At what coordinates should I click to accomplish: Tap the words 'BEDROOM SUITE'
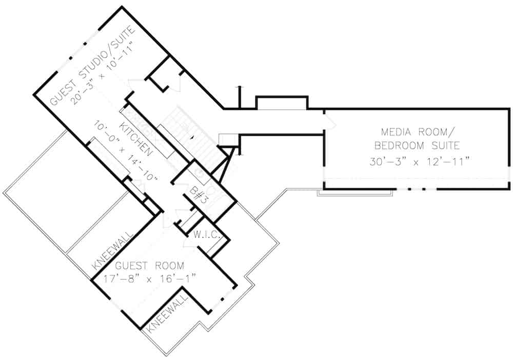[417, 145]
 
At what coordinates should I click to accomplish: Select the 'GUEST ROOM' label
[149, 266]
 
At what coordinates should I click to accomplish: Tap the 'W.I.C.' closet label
[207, 236]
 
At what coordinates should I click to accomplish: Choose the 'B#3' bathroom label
[196, 194]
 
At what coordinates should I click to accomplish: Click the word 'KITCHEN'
[136, 139]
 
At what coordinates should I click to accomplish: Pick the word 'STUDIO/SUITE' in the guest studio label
[108, 51]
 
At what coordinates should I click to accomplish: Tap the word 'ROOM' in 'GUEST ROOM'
[168, 266]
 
